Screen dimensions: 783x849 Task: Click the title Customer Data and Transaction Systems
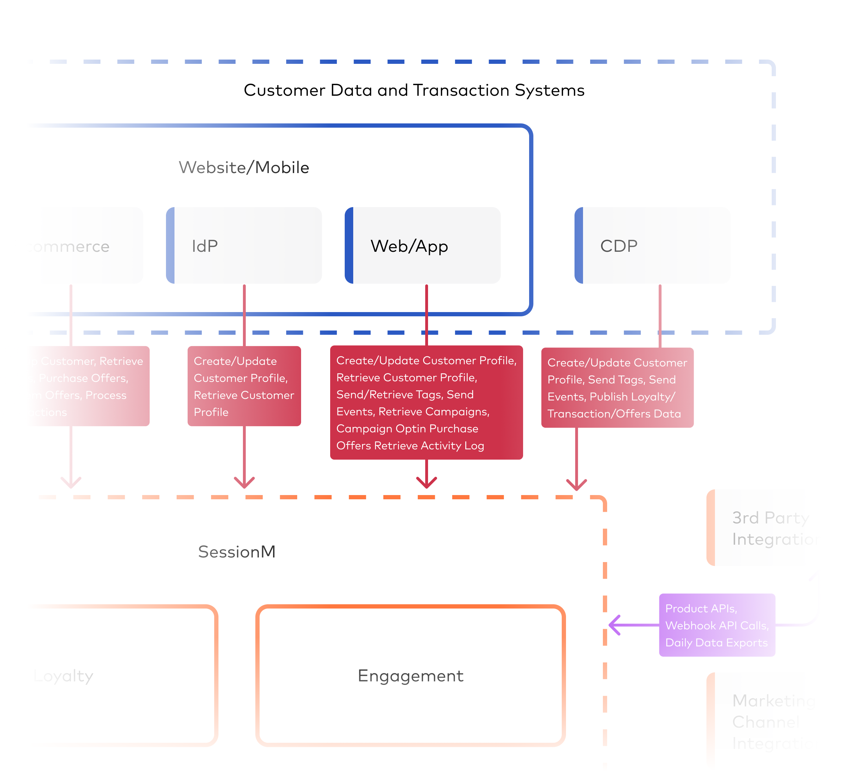(414, 90)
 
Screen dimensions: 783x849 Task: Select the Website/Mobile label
(244, 167)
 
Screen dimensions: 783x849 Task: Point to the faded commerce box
(85, 246)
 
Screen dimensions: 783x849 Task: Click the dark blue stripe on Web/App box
(349, 246)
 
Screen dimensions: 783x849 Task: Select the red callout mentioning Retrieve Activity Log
(426, 402)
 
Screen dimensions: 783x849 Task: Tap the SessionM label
(237, 552)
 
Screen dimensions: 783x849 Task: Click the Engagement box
(410, 676)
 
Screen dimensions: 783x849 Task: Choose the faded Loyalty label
(63, 676)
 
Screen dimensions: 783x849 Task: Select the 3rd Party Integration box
(762, 528)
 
